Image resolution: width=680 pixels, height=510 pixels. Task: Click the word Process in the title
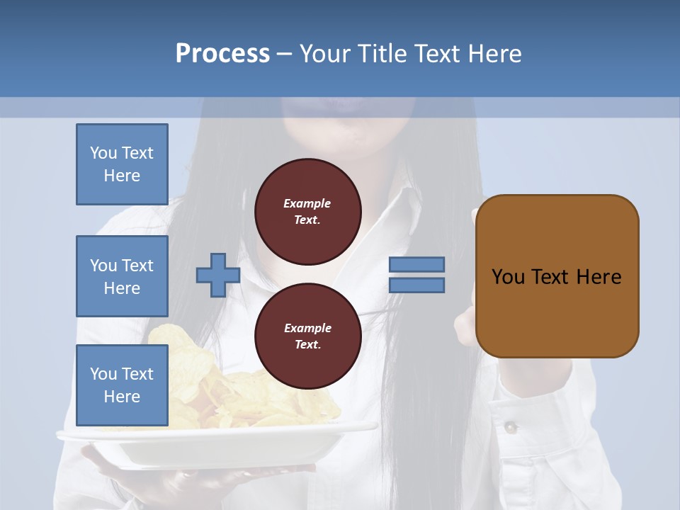(222, 54)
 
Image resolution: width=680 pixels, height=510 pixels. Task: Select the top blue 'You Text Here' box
(122, 164)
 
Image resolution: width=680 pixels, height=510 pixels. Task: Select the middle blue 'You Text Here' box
(122, 276)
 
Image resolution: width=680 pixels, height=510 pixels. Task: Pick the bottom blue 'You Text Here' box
(122, 385)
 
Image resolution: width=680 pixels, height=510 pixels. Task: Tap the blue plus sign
(218, 275)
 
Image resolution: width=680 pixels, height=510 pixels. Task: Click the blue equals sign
(416, 275)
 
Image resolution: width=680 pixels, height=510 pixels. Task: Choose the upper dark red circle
(308, 211)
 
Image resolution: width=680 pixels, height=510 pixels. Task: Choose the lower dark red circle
(308, 336)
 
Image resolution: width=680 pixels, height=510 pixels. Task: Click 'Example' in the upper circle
(307, 203)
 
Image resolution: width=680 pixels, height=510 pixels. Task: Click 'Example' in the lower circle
(307, 328)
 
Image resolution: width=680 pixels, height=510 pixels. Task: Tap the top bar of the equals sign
(416, 265)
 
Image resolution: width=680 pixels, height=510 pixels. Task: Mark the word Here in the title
(493, 54)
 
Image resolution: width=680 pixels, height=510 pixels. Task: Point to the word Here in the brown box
(599, 277)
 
